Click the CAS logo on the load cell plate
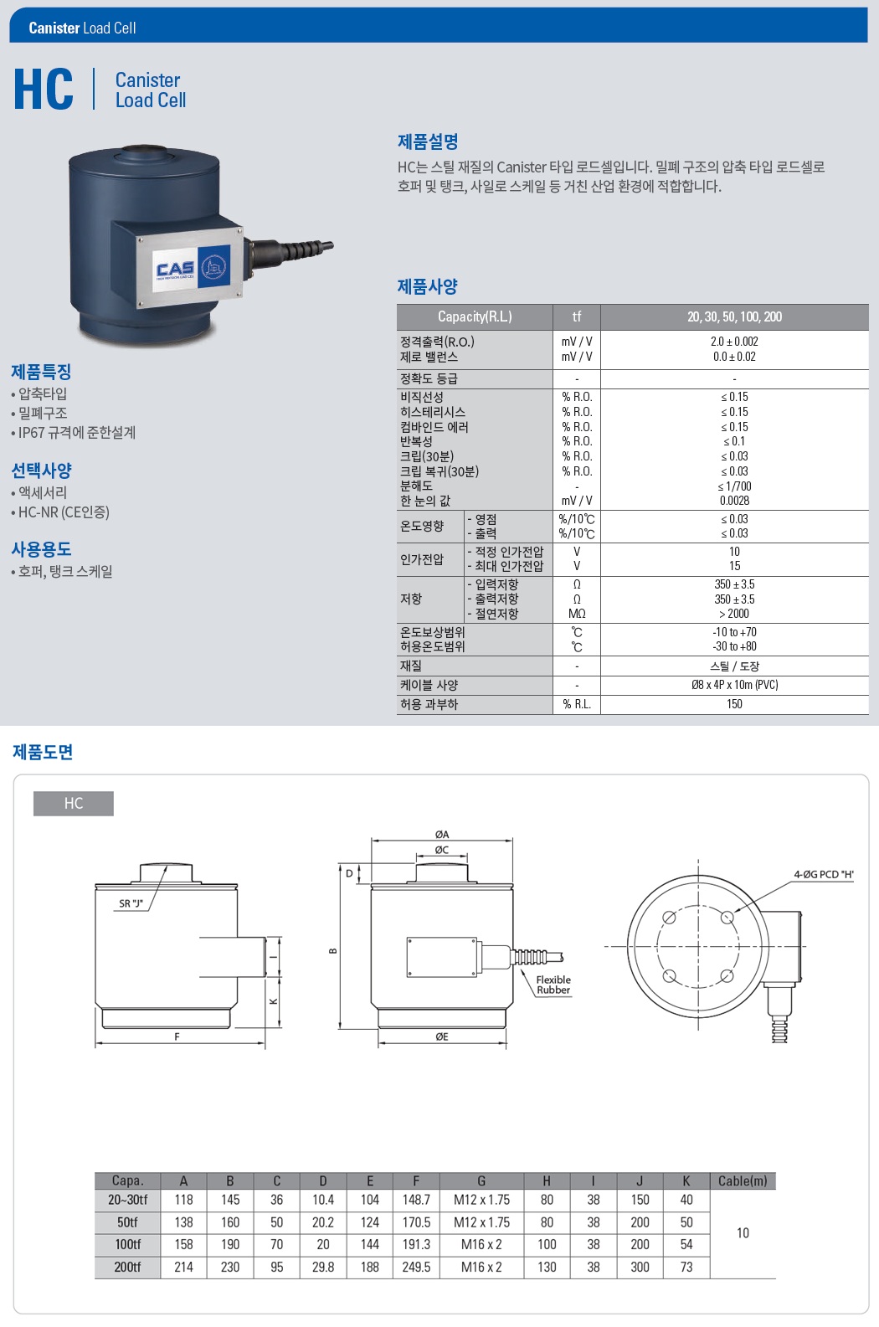coord(175,270)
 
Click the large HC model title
coord(44,89)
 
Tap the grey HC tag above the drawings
coord(74,803)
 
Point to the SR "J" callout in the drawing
coord(131,903)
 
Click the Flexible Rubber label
coord(553,985)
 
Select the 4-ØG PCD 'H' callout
coord(823,874)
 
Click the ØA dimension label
coord(442,834)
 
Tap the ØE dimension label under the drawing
coord(442,1036)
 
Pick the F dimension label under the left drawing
coord(177,1036)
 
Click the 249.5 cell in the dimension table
coord(416,1267)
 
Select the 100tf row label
coord(128,1244)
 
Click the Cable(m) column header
coord(743,1180)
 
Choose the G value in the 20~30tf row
coord(481,1200)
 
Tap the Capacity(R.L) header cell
coord(475,317)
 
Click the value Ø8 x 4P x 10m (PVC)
coord(734,685)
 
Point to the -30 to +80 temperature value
coord(734,646)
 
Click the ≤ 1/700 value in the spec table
coord(734,486)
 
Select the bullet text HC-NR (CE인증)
coord(64,512)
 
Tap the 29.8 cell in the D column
coord(323,1267)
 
